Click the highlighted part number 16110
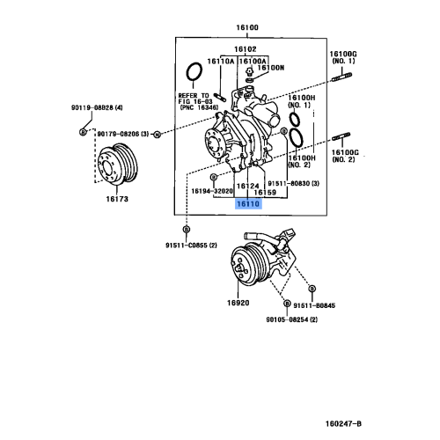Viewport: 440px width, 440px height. [x=247, y=203]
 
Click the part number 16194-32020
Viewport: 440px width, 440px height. [x=212, y=190]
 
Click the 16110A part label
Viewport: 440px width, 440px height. [x=221, y=62]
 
